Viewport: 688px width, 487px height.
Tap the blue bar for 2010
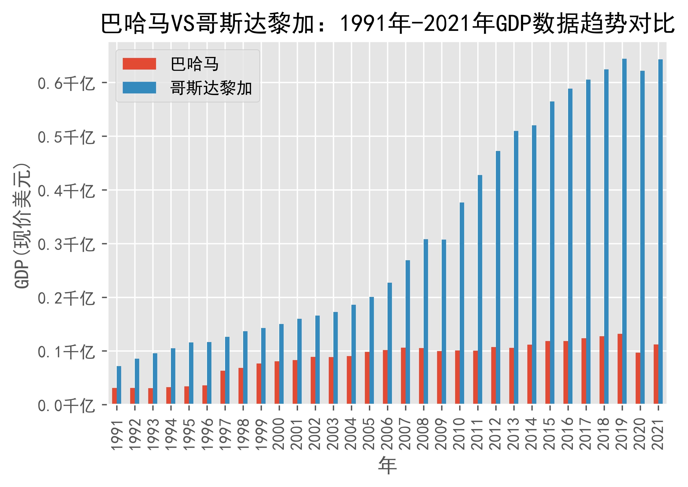pyautogui.click(x=462, y=303)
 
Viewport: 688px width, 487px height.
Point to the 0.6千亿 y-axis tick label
pyautogui.click(x=66, y=83)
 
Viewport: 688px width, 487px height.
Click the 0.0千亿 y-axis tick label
pyautogui.click(x=66, y=405)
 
